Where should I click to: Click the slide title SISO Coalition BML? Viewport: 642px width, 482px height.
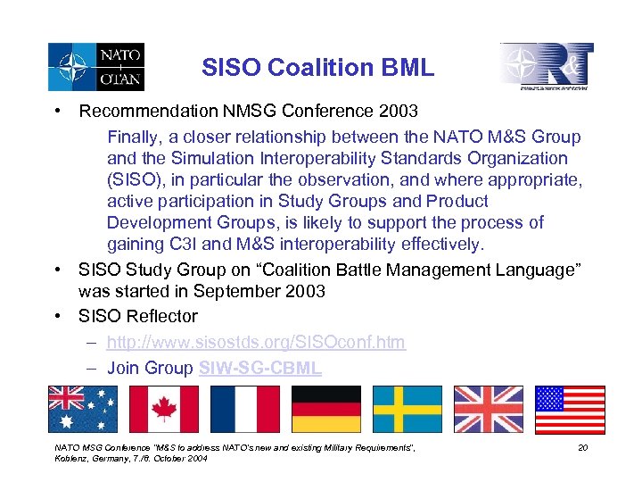click(x=317, y=67)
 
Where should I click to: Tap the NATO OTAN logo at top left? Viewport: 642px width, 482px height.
click(x=96, y=67)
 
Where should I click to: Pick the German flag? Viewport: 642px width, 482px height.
click(x=326, y=410)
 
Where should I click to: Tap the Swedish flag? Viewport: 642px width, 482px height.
click(x=407, y=410)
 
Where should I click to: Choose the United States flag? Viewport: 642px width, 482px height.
click(x=569, y=410)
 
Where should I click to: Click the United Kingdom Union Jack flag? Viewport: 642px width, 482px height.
click(x=489, y=410)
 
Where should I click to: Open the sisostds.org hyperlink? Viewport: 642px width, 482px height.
click(x=256, y=342)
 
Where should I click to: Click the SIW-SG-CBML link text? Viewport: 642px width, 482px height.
click(x=260, y=368)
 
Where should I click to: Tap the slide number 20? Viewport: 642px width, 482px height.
click(x=582, y=447)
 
